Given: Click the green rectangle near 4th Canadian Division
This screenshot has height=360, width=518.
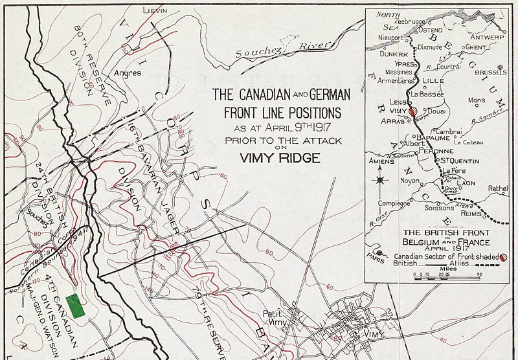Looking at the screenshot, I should [77, 306].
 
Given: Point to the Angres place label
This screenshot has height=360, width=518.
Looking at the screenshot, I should [128, 73].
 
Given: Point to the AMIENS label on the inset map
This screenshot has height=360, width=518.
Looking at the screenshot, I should [381, 160].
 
